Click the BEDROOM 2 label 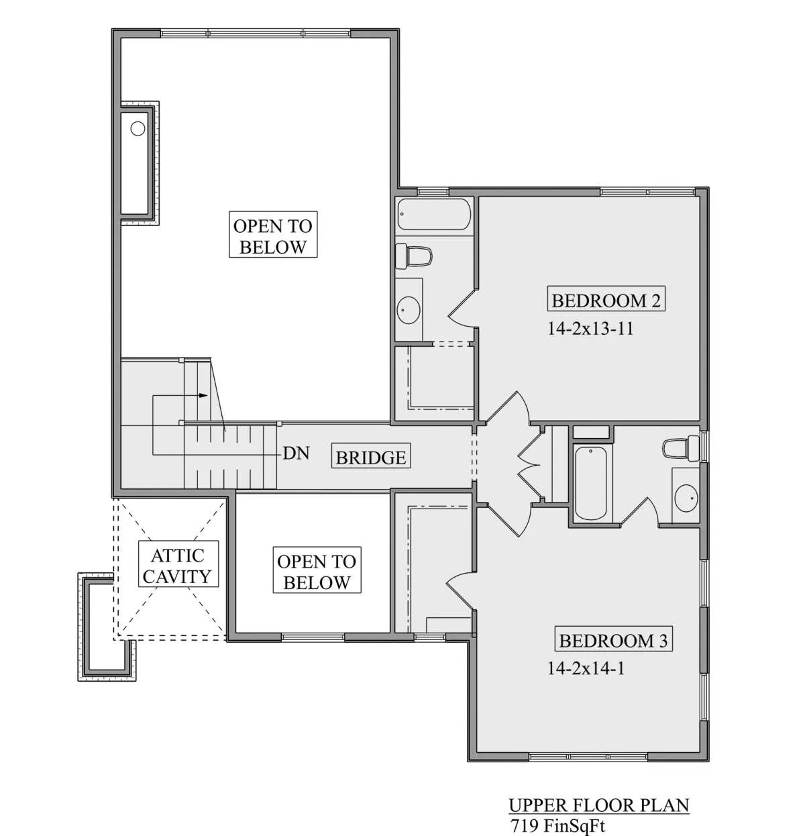[606, 301]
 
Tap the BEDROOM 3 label [613, 641]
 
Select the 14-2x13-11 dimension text [590, 329]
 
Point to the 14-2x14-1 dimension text [586, 668]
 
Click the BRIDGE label [371, 458]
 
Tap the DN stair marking [296, 453]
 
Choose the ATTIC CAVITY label [178, 566]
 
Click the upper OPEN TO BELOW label [273, 237]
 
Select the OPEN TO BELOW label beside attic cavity [317, 572]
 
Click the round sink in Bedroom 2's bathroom [408, 309]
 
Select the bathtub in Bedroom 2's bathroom [434, 214]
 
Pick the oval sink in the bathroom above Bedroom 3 [686, 497]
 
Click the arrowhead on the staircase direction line [203, 395]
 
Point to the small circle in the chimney [138, 128]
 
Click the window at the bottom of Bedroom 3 [588, 757]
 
